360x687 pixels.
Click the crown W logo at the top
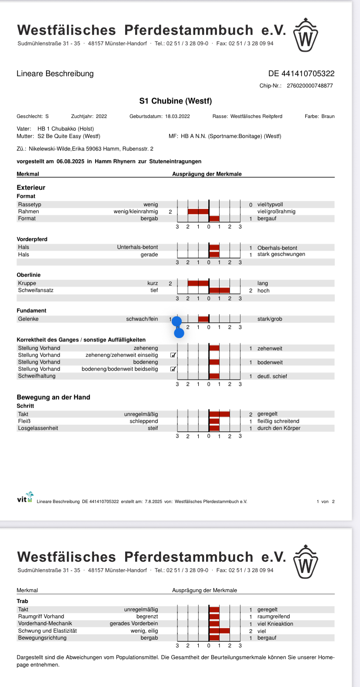pos(306,35)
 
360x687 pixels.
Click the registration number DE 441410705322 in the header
pos(301,74)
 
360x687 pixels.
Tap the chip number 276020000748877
pos(310,86)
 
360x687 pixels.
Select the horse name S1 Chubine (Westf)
pos(176,101)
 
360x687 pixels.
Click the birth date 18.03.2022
pos(177,117)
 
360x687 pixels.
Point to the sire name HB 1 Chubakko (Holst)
pos(66,129)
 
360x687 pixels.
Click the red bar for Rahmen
pos(198,211)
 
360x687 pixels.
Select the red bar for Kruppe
pos(198,283)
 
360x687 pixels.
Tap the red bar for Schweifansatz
pos(220,290)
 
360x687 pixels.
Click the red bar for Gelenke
pos(203,319)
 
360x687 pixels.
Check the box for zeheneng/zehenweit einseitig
pos(173,355)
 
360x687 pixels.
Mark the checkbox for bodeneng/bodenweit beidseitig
pos(173,369)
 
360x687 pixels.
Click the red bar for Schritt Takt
pos(220,414)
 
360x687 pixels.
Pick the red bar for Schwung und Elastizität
pos(220,631)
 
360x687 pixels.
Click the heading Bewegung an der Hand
pos(53,397)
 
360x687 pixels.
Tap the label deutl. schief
pos(272,376)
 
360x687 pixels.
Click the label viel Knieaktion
pos(275,624)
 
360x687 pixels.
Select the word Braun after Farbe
pos(328,117)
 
